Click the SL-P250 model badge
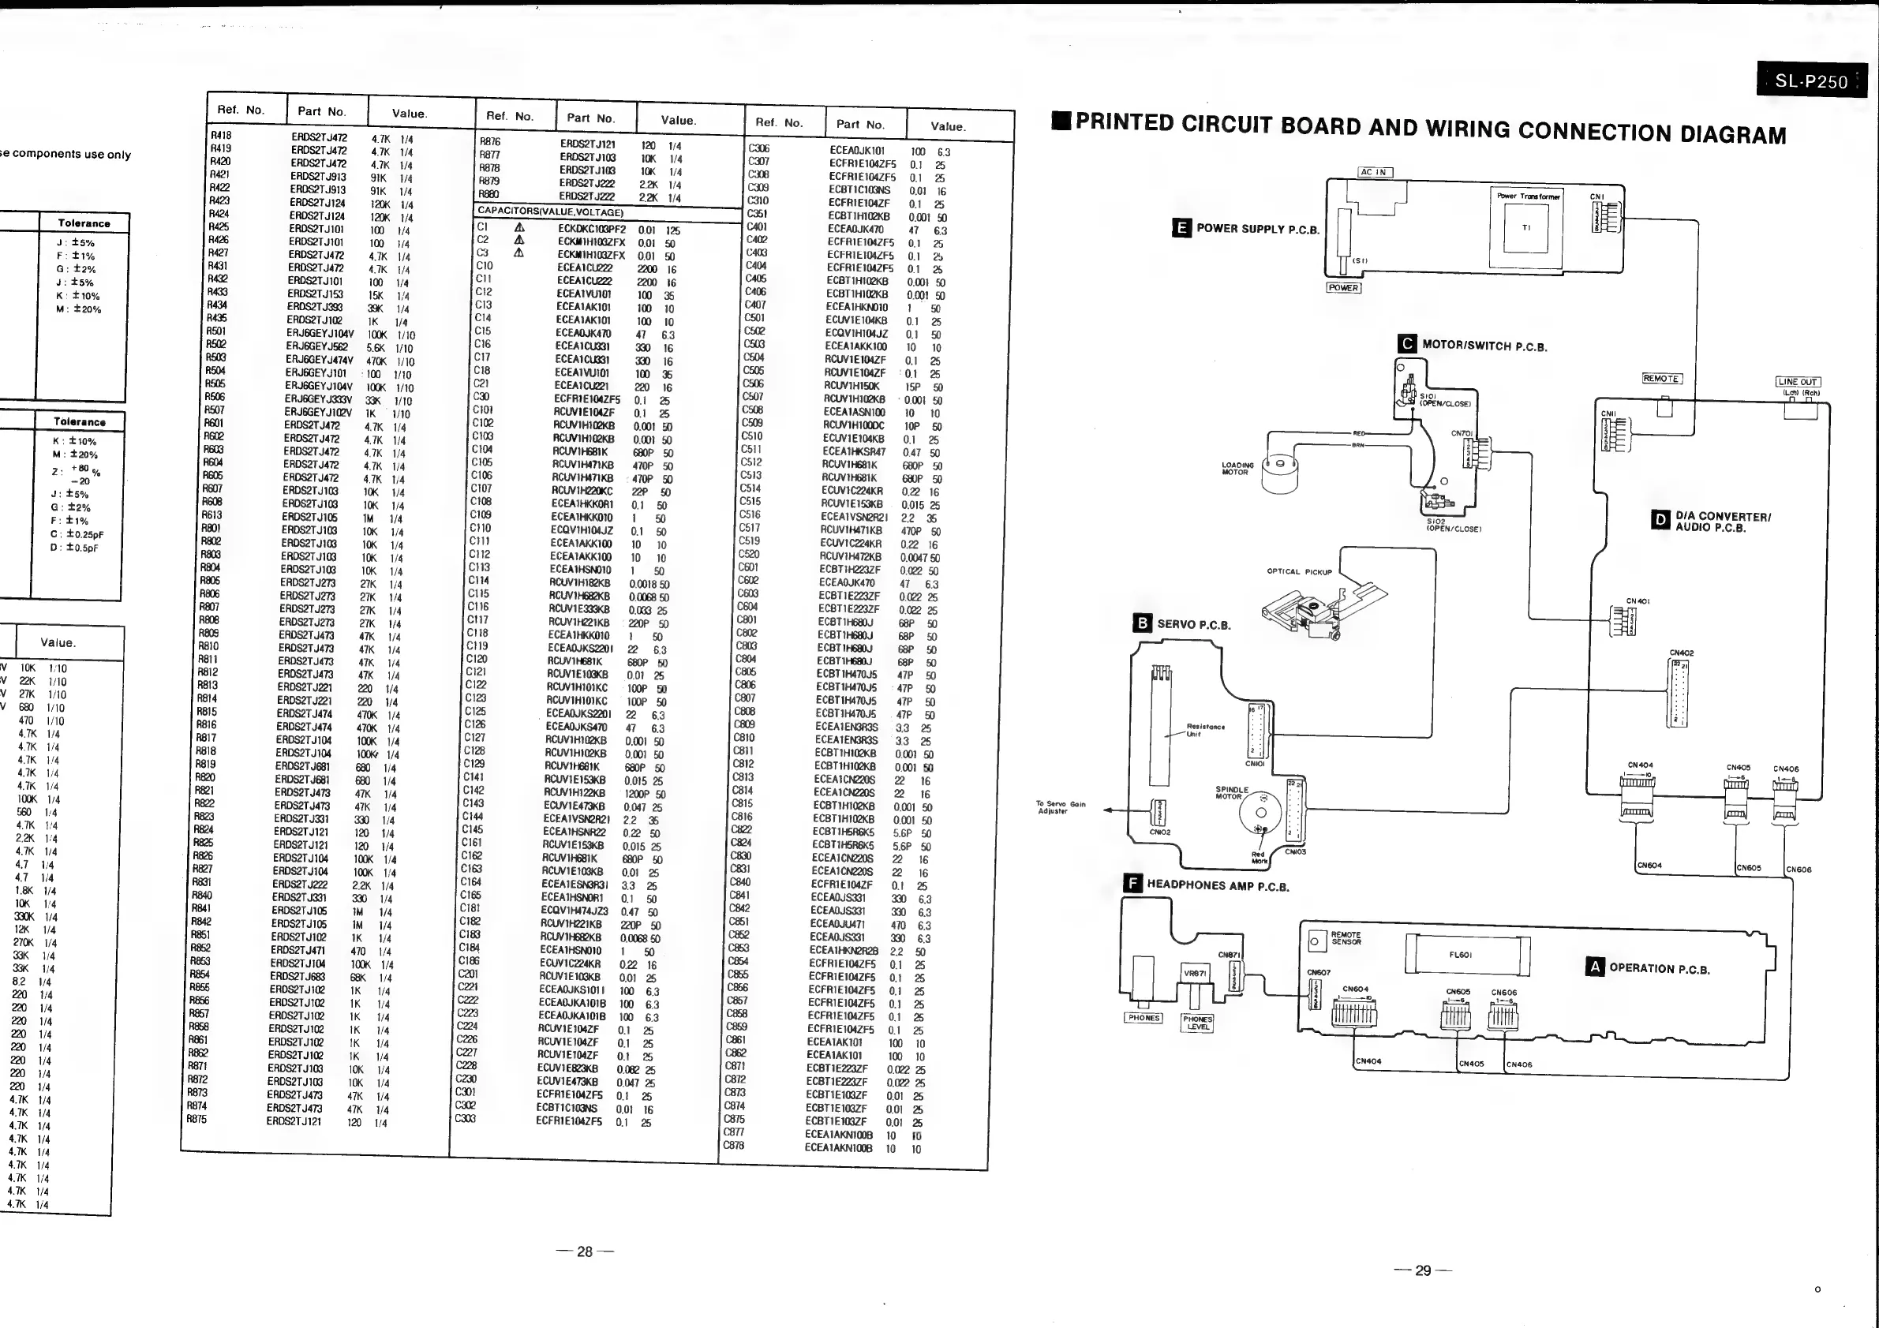coord(1811,80)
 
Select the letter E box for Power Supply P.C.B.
coord(1181,228)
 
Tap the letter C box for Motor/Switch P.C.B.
coord(1407,345)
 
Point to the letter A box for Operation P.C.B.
coord(1594,967)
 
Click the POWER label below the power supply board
coord(1343,288)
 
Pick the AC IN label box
coord(1375,172)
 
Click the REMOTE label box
coord(1661,379)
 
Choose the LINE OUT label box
coord(1797,381)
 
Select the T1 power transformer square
coord(1525,227)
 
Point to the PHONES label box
coord(1143,1018)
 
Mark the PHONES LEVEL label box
coord(1197,1023)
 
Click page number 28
coord(584,1252)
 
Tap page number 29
coord(1423,1270)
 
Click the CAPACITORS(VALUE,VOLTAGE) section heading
coord(550,212)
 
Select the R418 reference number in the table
coord(221,135)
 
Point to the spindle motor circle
coord(1261,813)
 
